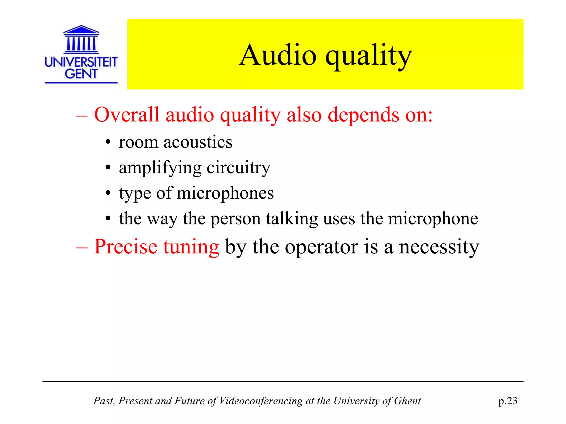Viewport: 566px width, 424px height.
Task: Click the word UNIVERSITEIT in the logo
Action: point(81,62)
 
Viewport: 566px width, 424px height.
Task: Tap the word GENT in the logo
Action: point(81,74)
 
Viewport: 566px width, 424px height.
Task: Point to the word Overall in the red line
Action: point(127,115)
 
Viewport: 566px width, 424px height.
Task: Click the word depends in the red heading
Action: point(363,115)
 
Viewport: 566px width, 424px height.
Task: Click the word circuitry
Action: point(239,168)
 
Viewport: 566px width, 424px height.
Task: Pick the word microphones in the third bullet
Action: point(225,193)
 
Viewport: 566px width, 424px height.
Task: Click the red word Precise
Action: point(125,247)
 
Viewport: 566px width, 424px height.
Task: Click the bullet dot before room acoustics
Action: point(108,143)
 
